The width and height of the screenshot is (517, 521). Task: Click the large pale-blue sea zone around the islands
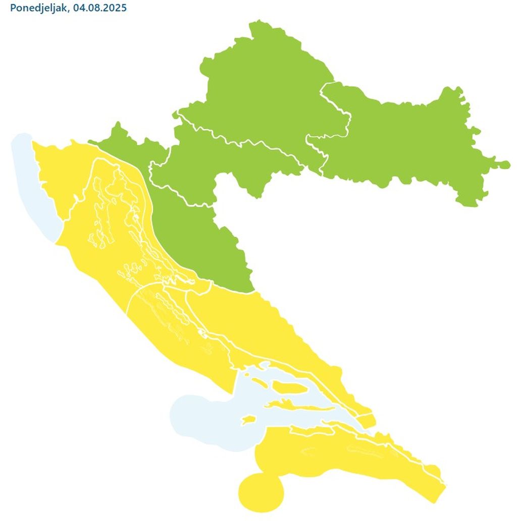point(212,414)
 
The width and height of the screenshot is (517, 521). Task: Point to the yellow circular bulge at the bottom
point(260,492)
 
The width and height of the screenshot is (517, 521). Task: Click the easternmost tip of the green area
point(508,164)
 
